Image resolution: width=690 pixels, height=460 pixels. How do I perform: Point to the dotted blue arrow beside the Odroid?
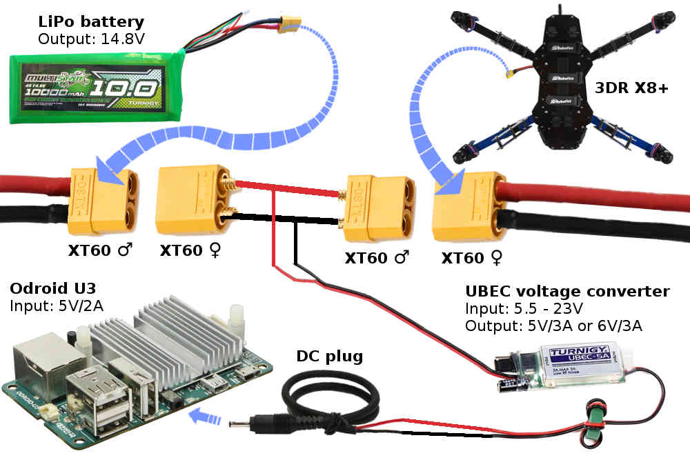pyautogui.click(x=206, y=417)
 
